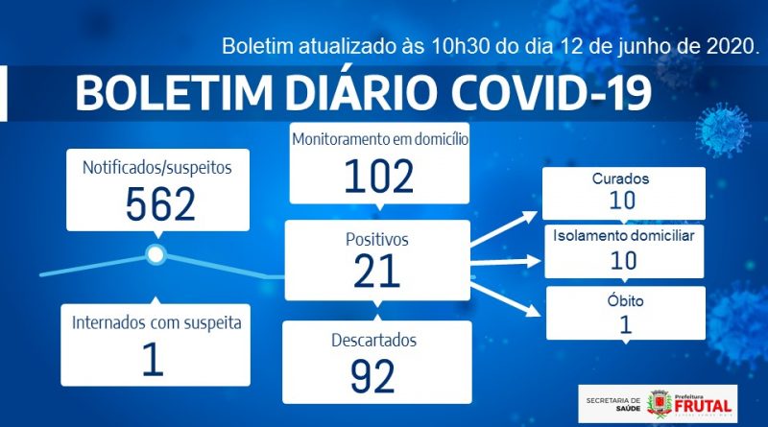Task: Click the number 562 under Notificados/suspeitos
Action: [x=160, y=204]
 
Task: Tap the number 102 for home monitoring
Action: [x=379, y=177]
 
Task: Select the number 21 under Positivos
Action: [x=376, y=271]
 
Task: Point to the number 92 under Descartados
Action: [x=372, y=376]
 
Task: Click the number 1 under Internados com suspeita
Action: [x=153, y=359]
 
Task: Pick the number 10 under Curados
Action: [x=622, y=200]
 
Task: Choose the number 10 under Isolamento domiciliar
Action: [x=623, y=260]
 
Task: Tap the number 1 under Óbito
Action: [x=626, y=324]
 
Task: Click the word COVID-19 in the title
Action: [x=552, y=92]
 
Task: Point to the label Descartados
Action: [x=374, y=340]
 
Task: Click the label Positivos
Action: [x=376, y=240]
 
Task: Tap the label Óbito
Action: [x=626, y=300]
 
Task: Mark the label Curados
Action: [x=620, y=178]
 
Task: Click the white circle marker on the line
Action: [x=156, y=254]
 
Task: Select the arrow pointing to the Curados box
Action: [x=503, y=228]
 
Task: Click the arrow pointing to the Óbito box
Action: [x=506, y=297]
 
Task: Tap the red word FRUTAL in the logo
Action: [x=703, y=406]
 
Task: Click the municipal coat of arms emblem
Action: [x=659, y=404]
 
